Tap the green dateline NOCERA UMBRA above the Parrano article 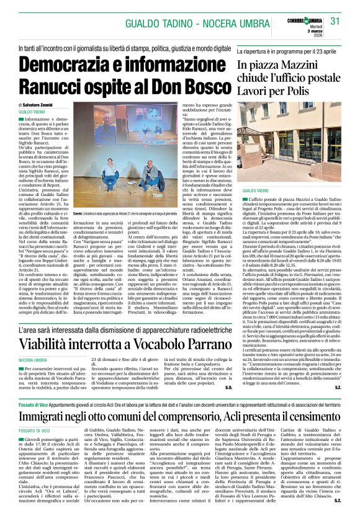tap(33, 359)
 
